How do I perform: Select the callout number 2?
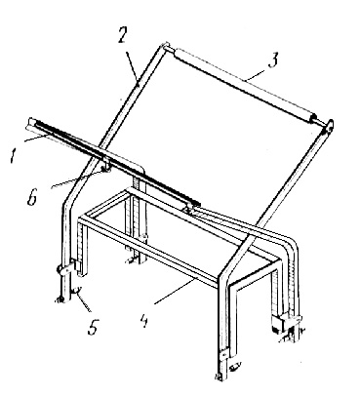(x=121, y=34)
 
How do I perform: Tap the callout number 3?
(x=274, y=60)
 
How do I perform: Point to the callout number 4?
(x=143, y=321)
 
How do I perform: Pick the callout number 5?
(x=93, y=327)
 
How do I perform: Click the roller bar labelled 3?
(x=245, y=85)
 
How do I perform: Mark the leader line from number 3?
(x=257, y=73)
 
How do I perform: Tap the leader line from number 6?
(x=77, y=179)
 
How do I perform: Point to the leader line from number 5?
(x=83, y=300)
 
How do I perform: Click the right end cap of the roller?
(x=313, y=118)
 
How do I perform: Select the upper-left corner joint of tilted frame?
(x=164, y=46)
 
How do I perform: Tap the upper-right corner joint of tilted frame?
(x=329, y=126)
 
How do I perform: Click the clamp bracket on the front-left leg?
(x=69, y=269)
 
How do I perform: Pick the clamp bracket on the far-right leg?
(x=288, y=321)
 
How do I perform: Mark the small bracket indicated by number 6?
(x=106, y=167)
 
